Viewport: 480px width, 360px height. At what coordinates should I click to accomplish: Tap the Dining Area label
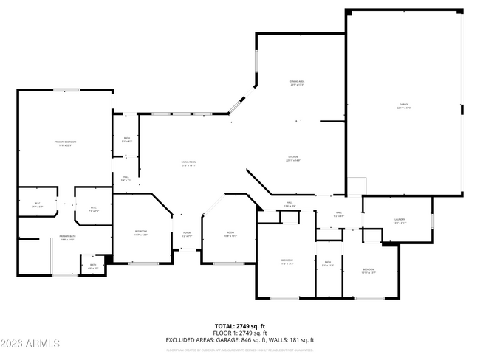(x=298, y=83)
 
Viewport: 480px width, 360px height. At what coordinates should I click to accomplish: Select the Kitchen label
(x=293, y=159)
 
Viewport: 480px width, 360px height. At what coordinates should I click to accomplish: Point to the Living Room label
(x=189, y=164)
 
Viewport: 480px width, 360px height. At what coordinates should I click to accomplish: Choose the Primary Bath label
(x=68, y=238)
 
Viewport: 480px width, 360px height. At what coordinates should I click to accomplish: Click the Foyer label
(x=188, y=235)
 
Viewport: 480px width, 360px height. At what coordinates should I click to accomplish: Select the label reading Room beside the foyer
(x=230, y=235)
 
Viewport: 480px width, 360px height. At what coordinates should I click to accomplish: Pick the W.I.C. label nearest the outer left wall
(x=38, y=206)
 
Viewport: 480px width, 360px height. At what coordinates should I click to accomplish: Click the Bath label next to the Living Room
(x=127, y=139)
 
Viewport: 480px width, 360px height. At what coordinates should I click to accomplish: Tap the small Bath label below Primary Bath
(x=93, y=266)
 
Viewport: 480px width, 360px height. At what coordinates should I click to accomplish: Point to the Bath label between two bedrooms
(x=327, y=263)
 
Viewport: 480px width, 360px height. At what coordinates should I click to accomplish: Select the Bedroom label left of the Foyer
(x=141, y=234)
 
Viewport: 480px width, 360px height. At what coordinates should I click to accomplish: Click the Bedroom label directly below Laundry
(x=368, y=271)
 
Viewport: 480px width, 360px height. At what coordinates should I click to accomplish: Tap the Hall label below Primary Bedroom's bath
(x=126, y=179)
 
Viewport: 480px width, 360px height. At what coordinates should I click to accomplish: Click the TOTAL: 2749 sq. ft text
(x=240, y=325)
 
